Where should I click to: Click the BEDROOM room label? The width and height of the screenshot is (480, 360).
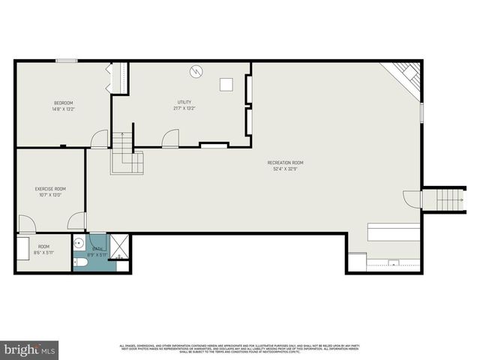coord(63,103)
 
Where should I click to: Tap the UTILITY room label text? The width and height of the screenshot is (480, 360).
coord(184,102)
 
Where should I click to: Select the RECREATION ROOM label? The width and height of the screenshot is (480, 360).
coord(285,163)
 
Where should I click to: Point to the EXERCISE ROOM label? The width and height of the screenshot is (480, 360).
coord(50,189)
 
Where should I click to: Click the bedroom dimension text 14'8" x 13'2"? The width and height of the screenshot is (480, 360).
coord(63,109)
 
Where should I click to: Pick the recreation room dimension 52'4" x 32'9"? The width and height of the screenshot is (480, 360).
coord(285,169)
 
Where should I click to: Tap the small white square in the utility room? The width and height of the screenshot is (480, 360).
coord(226,85)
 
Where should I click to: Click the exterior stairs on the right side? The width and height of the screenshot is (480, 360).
coord(448,199)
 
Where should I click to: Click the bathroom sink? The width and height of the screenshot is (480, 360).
coord(78,243)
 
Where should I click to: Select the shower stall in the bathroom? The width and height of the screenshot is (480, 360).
coord(120,247)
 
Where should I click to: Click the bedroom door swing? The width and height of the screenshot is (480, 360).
coord(98,140)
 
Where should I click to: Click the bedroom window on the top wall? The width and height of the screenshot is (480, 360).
coord(66,61)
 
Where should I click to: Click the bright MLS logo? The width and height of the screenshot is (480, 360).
coord(31,349)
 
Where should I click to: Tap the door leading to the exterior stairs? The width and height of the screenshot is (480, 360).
coord(412,199)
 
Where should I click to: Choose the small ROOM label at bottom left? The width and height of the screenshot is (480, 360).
coord(43,247)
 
